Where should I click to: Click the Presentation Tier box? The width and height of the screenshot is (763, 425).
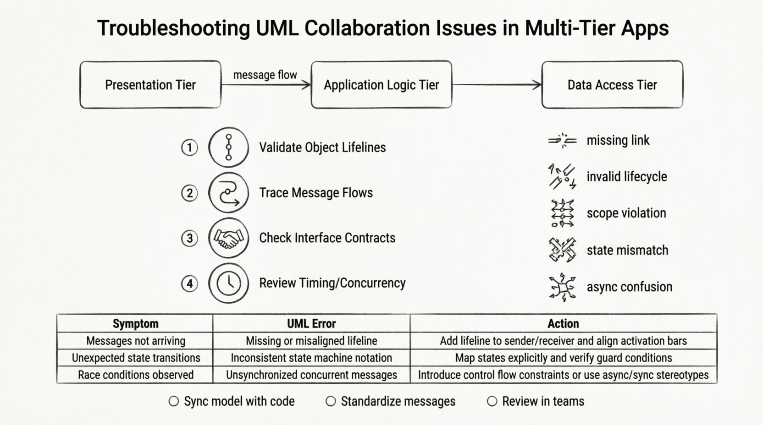150,85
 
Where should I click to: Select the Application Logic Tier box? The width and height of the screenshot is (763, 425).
381,85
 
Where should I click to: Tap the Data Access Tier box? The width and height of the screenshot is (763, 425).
612,85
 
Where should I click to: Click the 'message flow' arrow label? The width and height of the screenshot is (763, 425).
265,75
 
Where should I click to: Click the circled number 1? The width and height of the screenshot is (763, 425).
189,147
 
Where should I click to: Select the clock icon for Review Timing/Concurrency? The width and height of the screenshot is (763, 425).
228,283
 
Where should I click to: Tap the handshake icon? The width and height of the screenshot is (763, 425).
228,238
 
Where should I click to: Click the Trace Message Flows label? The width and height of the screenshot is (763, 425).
316,193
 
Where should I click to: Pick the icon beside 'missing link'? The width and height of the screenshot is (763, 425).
562,141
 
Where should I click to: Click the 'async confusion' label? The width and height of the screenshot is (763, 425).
629,287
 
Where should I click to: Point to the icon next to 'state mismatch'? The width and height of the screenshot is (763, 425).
562,250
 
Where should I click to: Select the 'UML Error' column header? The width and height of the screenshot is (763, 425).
311,324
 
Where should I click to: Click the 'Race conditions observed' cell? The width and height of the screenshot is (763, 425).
136,375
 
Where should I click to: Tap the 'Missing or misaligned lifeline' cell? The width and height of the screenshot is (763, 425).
311,341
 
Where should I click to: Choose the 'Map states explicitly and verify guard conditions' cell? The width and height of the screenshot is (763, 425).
563,358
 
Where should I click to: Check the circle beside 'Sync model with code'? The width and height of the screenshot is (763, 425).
173,402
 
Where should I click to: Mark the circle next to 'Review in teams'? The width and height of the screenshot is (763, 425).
492,402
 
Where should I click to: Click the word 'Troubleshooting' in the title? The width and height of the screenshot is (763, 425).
173,28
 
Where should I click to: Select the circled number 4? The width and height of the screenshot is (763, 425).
189,283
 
